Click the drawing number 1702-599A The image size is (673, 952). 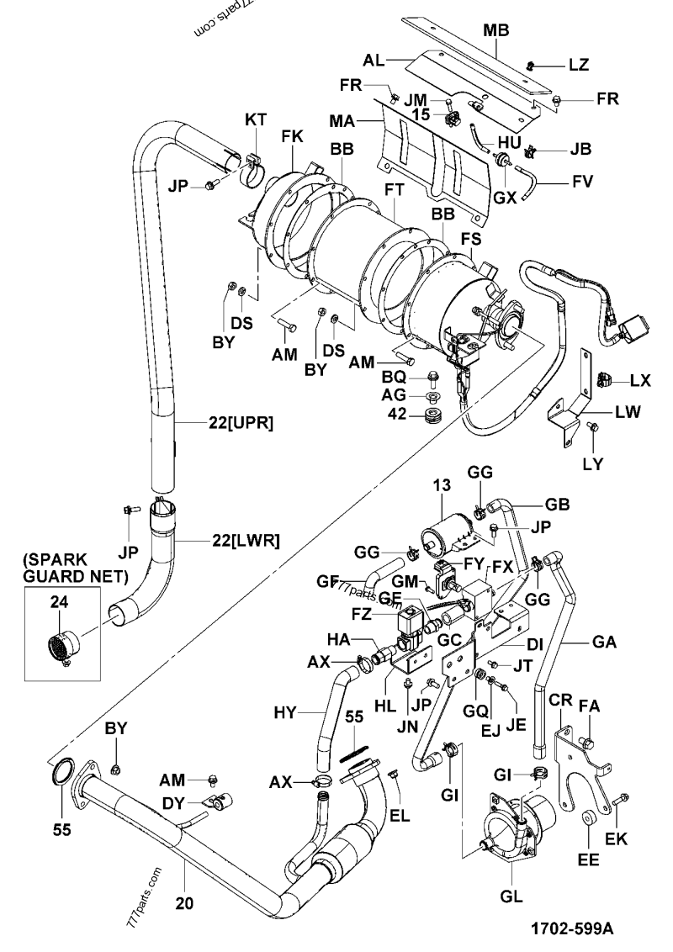pos(572,928)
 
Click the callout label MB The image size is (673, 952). pos(495,29)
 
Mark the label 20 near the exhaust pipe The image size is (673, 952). pos(185,905)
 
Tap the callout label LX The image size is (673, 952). pos(640,379)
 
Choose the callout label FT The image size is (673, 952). pos(393,192)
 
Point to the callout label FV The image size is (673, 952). pos(582,179)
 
